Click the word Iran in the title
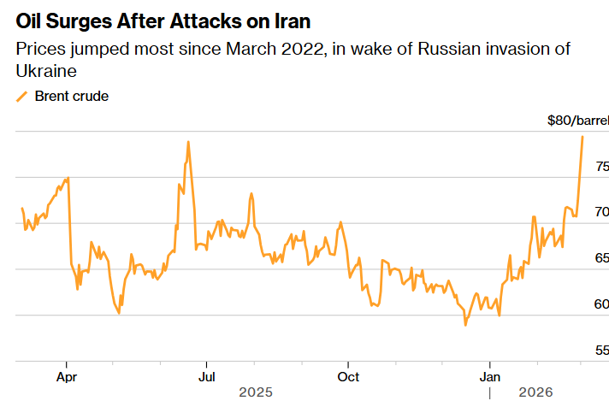pos(289,21)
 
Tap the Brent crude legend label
pos(71,97)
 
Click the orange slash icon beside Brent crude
pos(22,97)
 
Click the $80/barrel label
pos(577,121)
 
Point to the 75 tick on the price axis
pos(602,165)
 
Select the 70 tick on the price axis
pos(602,211)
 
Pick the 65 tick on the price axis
pos(602,257)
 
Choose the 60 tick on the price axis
pos(602,304)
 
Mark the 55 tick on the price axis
pos(602,350)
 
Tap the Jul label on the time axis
pos(206,375)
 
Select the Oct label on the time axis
pos(347,375)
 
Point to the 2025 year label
pos(256,392)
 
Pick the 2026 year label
pos(535,392)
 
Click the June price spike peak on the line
pos(187,142)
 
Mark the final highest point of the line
pos(582,137)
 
